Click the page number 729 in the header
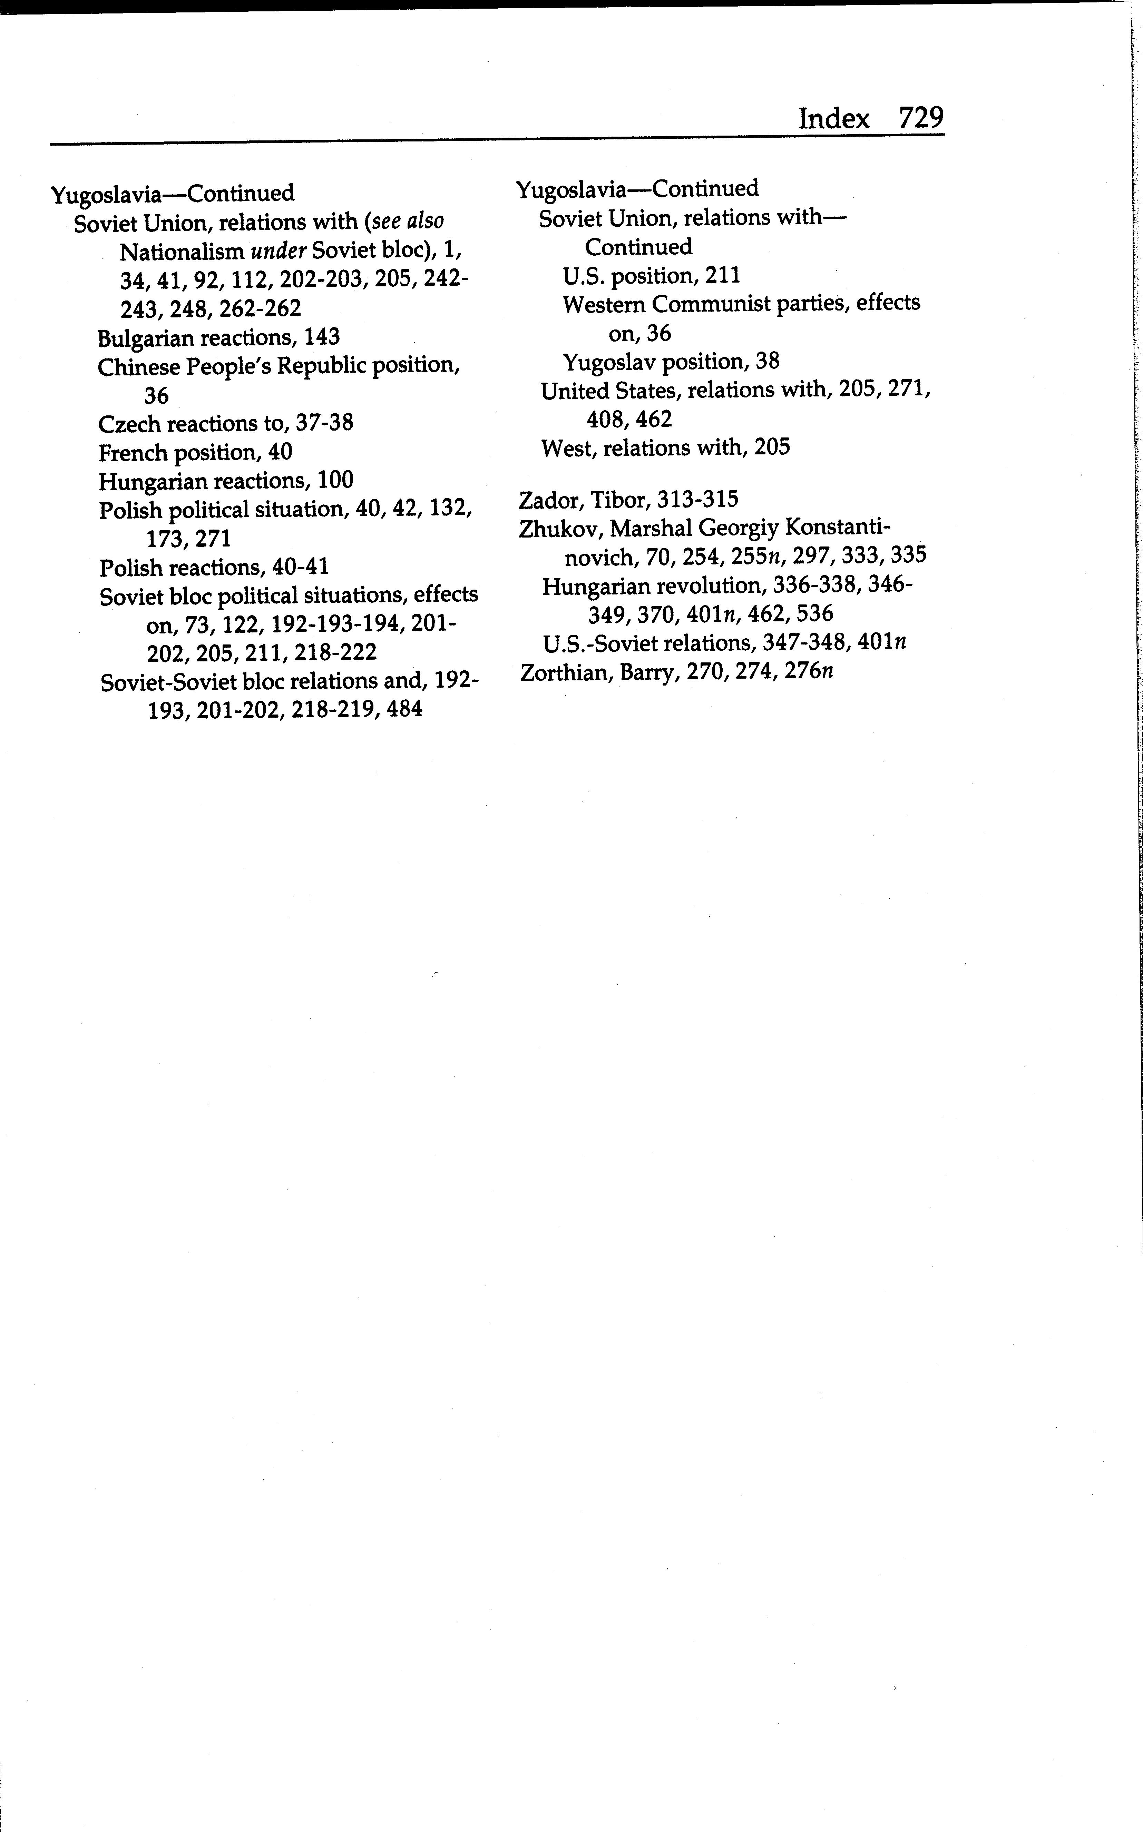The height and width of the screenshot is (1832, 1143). (x=921, y=119)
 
